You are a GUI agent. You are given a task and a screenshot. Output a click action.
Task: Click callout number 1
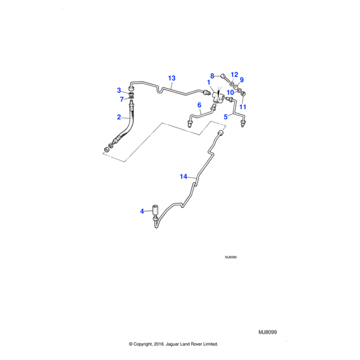[209, 82]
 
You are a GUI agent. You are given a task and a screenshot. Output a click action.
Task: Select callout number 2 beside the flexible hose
[119, 117]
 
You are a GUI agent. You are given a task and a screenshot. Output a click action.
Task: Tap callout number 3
[119, 91]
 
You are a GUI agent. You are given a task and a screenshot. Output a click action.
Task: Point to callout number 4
[142, 211]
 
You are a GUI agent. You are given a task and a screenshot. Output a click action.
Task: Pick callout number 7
[121, 99]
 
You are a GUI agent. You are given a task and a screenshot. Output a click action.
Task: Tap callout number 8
[212, 76]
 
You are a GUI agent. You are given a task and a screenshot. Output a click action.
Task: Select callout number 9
[242, 80]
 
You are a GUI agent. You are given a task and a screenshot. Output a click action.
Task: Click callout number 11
[243, 107]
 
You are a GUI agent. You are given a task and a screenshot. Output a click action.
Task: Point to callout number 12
[234, 74]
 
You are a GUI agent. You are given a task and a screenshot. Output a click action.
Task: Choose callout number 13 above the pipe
[172, 78]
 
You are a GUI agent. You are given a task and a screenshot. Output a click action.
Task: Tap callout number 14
[184, 176]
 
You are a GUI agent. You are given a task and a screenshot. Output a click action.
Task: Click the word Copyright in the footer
[144, 344]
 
